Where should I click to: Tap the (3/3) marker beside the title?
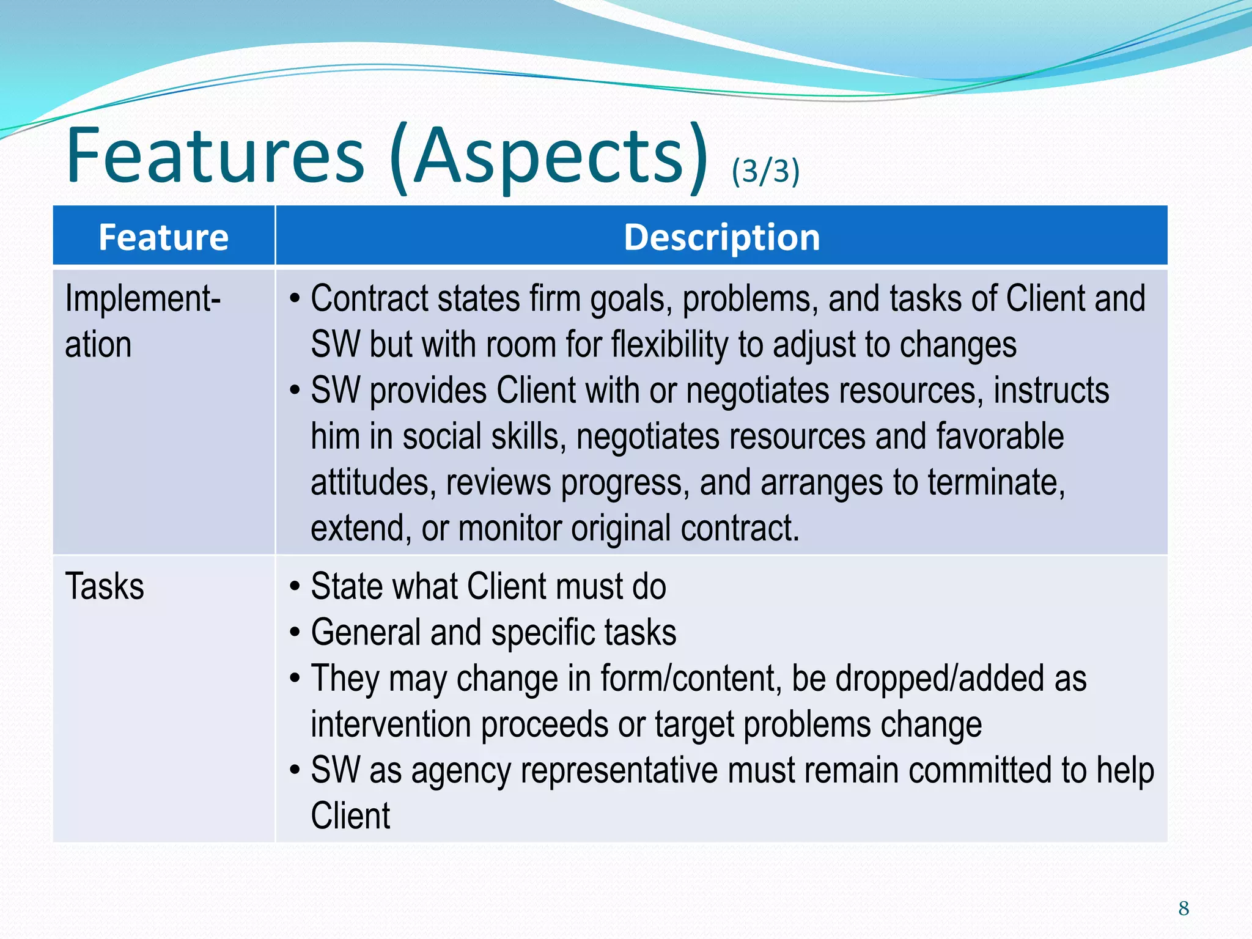click(765, 171)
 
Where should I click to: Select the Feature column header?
click(163, 237)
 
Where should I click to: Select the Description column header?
click(721, 237)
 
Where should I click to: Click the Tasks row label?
click(105, 586)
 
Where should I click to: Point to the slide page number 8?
click(1184, 908)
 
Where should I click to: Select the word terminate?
click(996, 482)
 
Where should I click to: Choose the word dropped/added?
click(939, 679)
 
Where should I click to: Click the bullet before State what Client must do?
click(295, 587)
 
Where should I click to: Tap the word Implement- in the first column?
click(142, 299)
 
